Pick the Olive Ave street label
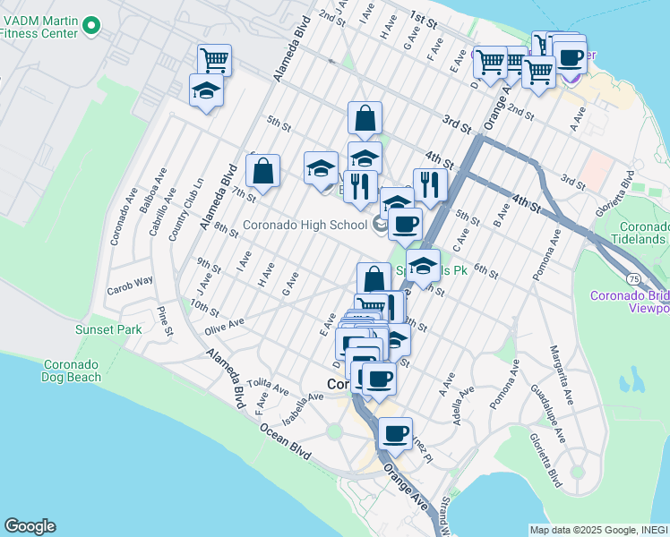coord(224,324)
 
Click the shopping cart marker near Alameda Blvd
coord(215,60)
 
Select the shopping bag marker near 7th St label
coord(262,170)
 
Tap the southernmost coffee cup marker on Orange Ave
coord(395,434)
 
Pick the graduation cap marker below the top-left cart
coord(206,91)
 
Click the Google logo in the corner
coord(30,526)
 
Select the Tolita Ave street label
coord(268,386)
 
